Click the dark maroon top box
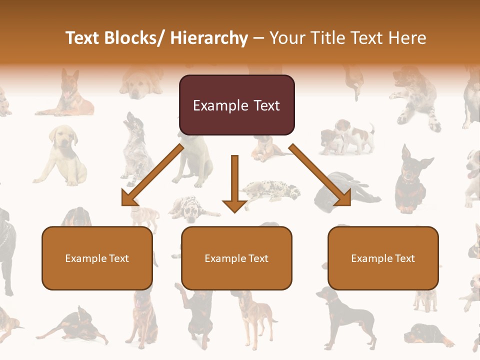pyautogui.click(x=236, y=105)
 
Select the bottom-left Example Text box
pyautogui.click(x=97, y=258)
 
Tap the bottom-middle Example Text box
pyautogui.click(x=236, y=258)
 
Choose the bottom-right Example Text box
pyautogui.click(x=383, y=258)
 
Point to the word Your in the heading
pyautogui.click(x=285, y=38)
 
